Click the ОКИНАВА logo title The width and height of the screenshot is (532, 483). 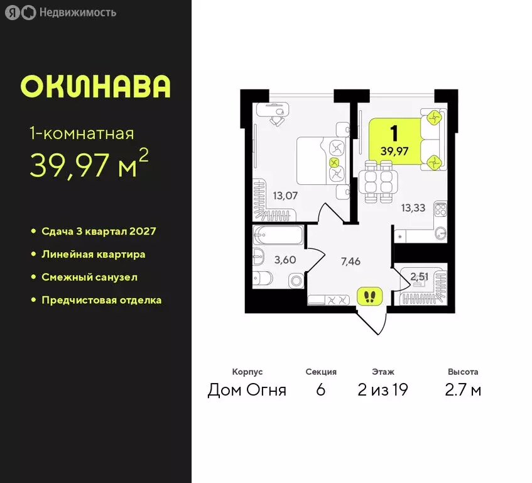[95, 87]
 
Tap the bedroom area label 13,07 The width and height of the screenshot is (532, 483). [285, 195]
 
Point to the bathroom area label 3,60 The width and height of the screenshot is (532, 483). [285, 258]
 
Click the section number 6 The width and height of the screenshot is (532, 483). [321, 390]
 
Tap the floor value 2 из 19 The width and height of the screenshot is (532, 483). [383, 390]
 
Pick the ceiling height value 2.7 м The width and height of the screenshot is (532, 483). [463, 390]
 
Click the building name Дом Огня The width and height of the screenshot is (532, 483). [247, 390]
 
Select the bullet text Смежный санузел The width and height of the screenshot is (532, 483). [89, 277]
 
